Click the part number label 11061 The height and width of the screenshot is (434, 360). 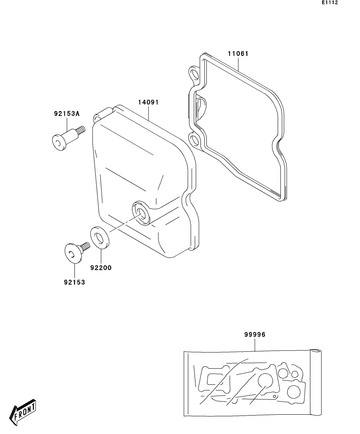tap(238, 54)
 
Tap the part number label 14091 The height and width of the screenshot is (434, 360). tap(148, 102)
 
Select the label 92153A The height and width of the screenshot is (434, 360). tap(67, 114)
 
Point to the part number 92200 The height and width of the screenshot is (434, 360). tap(101, 268)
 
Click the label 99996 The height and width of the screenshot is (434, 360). tap(255, 335)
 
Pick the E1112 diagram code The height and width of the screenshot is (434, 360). tap(330, 3)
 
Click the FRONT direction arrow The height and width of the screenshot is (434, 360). tap(24, 412)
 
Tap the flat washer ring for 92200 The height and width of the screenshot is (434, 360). tap(100, 238)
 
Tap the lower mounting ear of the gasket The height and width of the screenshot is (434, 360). tap(194, 140)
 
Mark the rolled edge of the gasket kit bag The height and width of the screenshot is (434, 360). tap(316, 382)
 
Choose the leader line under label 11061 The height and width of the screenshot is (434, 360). tap(238, 63)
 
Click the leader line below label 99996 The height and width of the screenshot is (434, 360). tap(255, 344)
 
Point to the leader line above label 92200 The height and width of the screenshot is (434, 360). tap(101, 256)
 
